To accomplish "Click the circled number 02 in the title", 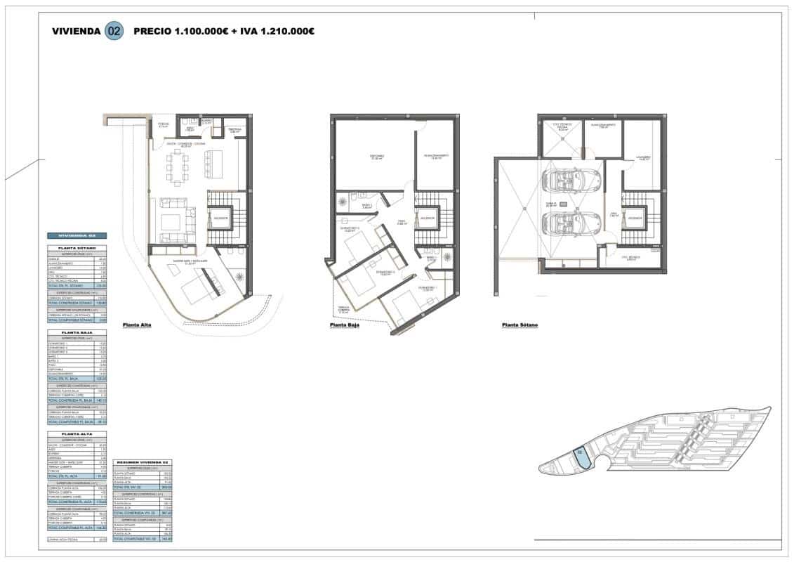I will click(114, 31).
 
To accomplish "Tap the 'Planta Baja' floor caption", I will click(344, 325).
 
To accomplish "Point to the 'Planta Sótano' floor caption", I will click(520, 325).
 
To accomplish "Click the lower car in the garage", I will click(570, 226).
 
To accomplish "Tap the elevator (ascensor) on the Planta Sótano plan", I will click(635, 217).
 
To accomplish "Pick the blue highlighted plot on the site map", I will click(580, 457).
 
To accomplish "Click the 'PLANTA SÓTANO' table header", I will click(77, 249).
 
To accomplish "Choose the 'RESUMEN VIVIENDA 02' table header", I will click(143, 462).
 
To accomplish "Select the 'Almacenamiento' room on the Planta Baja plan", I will click(435, 156).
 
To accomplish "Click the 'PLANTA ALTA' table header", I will click(77, 436).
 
